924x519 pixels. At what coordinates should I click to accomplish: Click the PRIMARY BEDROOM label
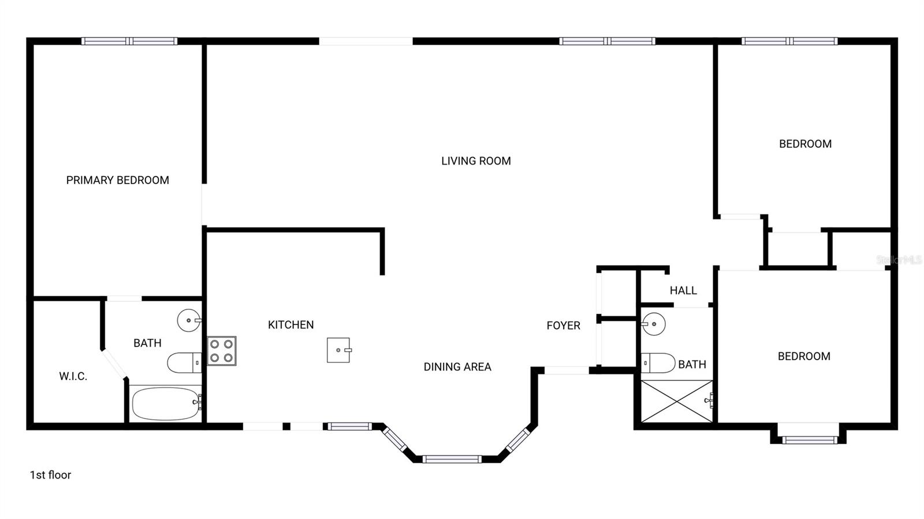click(x=117, y=180)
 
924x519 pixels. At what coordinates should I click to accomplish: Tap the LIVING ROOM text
click(x=476, y=161)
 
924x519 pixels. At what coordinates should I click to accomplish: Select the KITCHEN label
click(x=290, y=325)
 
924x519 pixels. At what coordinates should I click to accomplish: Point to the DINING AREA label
click(x=457, y=367)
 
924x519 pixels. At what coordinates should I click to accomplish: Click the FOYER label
click(x=563, y=326)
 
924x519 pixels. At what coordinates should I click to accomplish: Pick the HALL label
click(x=683, y=290)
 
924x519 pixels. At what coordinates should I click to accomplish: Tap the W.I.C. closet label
click(x=73, y=376)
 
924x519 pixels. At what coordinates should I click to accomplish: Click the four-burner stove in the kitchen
click(x=222, y=350)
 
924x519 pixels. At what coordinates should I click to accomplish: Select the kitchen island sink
click(x=338, y=350)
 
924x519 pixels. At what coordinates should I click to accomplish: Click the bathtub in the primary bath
click(x=166, y=404)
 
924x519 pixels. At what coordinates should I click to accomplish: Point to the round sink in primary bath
click(x=188, y=320)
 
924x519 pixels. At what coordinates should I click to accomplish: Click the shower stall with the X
click(x=677, y=401)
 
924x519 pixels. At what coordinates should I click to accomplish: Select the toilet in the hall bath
click(x=658, y=363)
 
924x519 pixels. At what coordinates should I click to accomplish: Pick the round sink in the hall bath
click(x=654, y=324)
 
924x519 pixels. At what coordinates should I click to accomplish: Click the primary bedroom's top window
click(x=129, y=41)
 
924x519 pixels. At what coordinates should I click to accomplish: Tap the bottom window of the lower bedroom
click(x=810, y=440)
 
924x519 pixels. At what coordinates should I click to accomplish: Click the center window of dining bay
click(x=452, y=460)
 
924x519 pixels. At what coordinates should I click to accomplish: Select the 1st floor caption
click(x=50, y=475)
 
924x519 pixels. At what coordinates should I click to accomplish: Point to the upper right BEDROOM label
click(x=805, y=144)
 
